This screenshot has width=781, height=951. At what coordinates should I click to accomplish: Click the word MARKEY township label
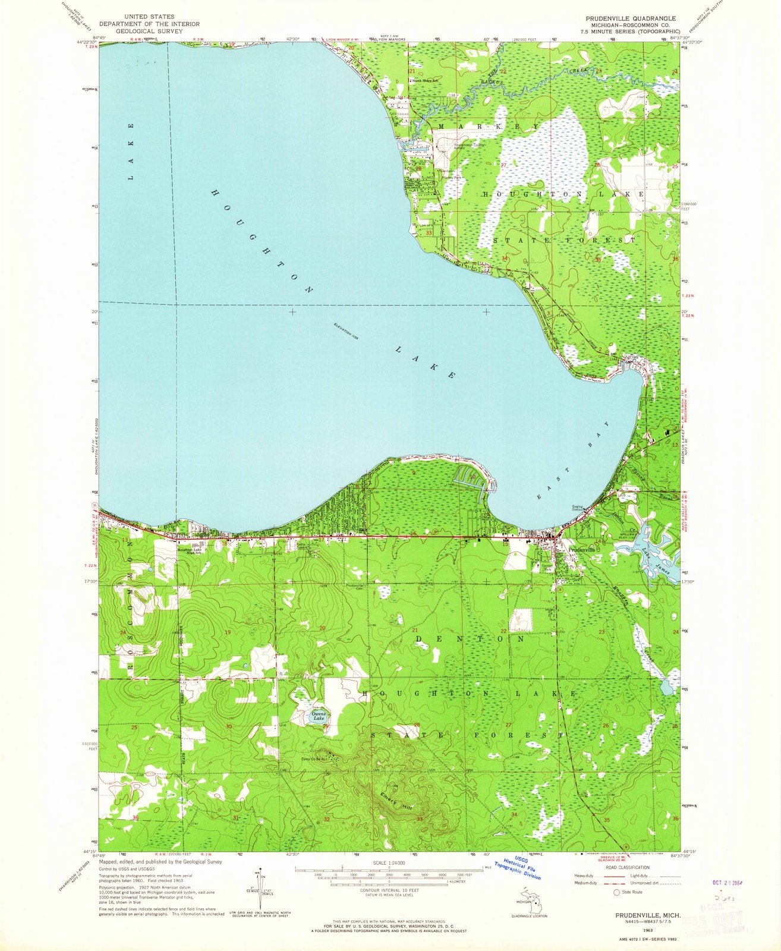[x=489, y=127]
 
